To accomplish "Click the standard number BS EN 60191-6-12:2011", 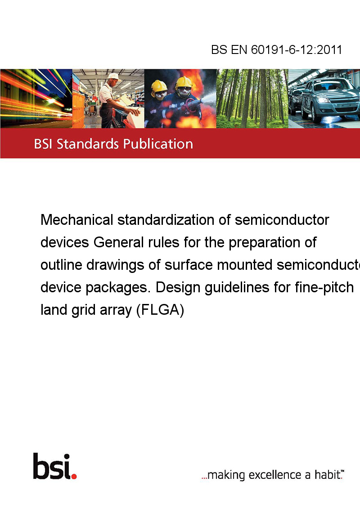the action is click(x=276, y=49).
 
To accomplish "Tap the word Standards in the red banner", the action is click(x=88, y=144).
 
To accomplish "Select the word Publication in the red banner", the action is click(x=158, y=144).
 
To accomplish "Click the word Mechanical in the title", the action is click(x=77, y=220).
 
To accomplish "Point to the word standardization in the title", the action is click(x=166, y=220).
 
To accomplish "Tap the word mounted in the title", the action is click(x=244, y=265).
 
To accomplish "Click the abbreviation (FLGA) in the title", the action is click(x=160, y=310).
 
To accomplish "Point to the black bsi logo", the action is click(x=52, y=466).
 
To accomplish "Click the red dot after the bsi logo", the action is click(x=74, y=476).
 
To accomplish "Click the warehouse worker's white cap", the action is click(x=114, y=76).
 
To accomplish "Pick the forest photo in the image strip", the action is click(x=252, y=98).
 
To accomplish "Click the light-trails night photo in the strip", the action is click(x=36, y=98).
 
